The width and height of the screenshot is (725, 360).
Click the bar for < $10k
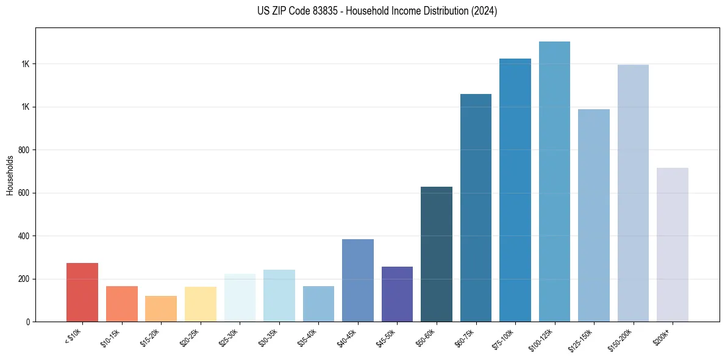pyautogui.click(x=82, y=292)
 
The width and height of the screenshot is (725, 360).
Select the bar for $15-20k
pyautogui.click(x=161, y=309)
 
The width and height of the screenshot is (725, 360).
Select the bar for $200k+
pyautogui.click(x=673, y=245)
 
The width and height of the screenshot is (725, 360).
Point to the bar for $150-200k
pyautogui.click(x=633, y=193)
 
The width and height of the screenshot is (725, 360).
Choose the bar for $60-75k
pyautogui.click(x=476, y=207)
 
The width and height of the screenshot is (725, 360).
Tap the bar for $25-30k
pyautogui.click(x=240, y=298)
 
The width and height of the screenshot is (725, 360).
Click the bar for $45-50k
pyautogui.click(x=397, y=294)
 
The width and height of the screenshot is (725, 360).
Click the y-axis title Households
pyautogui.click(x=10, y=175)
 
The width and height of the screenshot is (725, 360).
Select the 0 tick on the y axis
pyautogui.click(x=27, y=322)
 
